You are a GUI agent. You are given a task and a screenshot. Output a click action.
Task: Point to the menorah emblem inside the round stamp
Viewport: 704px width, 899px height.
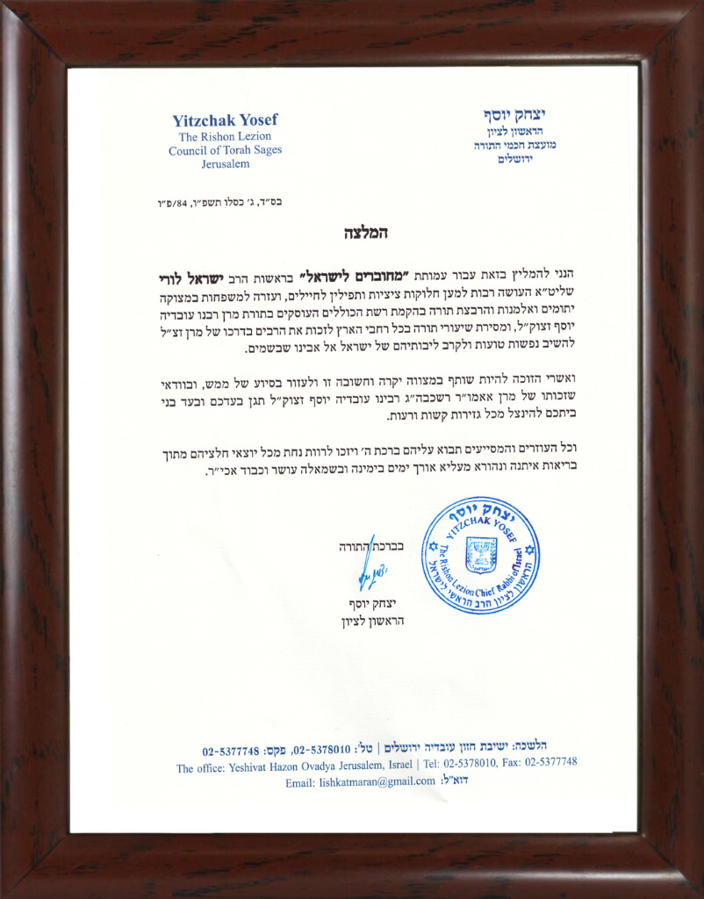(x=479, y=554)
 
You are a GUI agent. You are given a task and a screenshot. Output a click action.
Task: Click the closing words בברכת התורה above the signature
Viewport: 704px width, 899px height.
(x=372, y=546)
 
